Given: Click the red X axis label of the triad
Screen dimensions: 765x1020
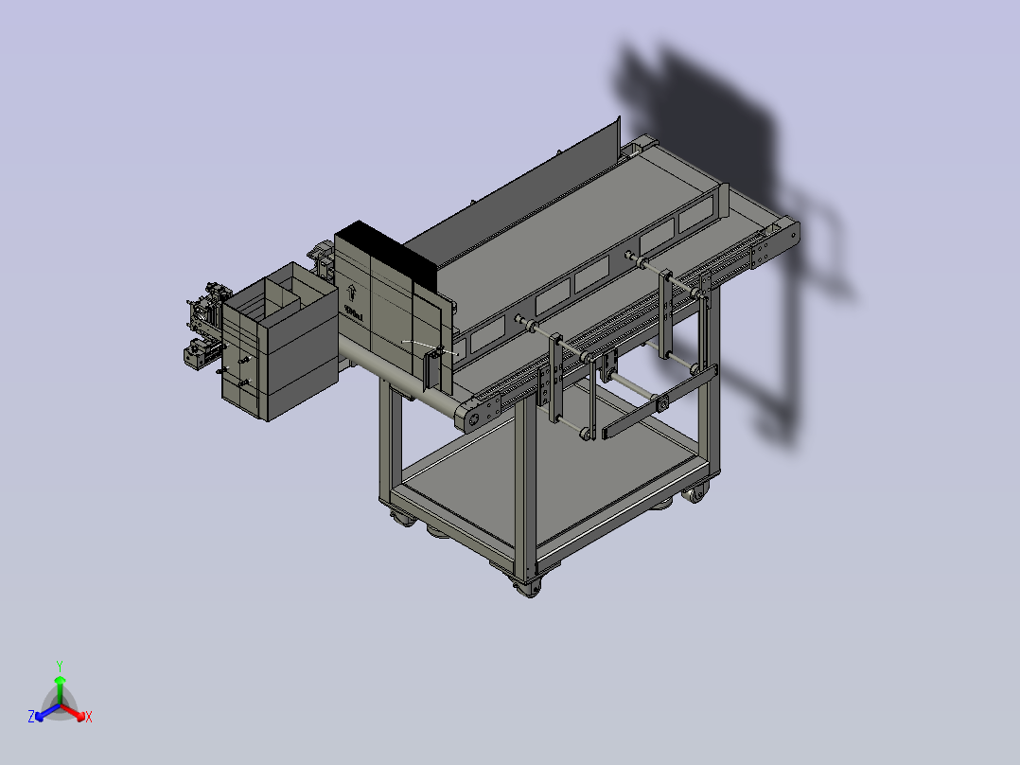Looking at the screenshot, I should (x=88, y=718).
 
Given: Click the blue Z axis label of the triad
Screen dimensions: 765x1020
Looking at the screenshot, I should (x=31, y=718).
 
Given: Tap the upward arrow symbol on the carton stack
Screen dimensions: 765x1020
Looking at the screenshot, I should (x=352, y=291).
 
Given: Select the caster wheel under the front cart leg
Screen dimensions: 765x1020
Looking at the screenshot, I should (x=528, y=584).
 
